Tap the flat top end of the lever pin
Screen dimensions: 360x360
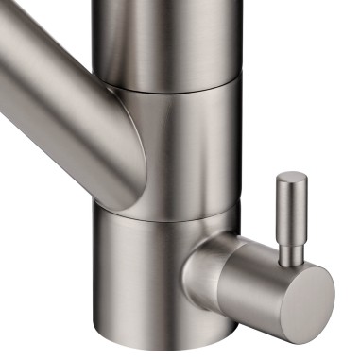[x=291, y=177]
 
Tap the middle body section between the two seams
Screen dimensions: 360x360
[x=189, y=142]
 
